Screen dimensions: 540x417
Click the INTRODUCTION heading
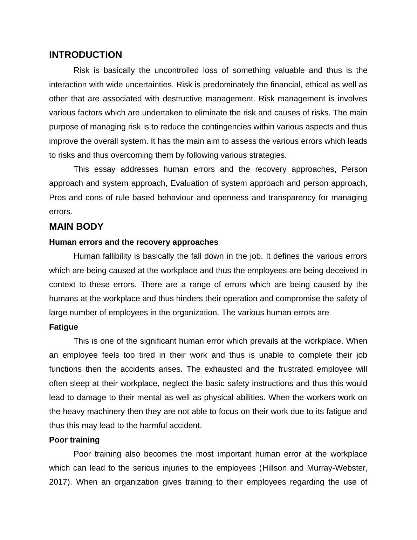pos(86,55)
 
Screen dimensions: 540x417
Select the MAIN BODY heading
pos(76,227)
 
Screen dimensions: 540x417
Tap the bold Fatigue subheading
pos(63,327)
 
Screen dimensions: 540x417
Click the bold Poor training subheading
pos(74,440)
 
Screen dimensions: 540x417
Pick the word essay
pos(104,169)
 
